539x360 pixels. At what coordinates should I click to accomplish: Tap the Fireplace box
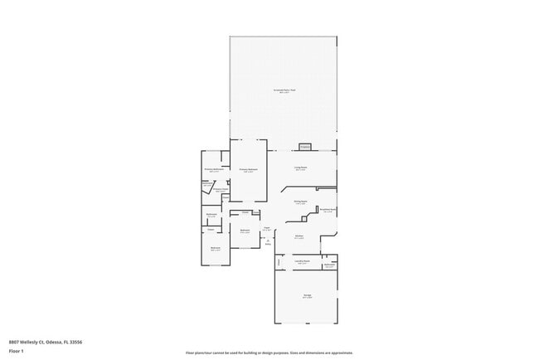305,147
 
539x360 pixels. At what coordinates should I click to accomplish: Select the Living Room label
300,168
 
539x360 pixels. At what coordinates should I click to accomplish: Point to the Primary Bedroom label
248,169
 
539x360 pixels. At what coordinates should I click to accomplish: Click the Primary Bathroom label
214,170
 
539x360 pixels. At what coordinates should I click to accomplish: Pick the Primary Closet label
220,189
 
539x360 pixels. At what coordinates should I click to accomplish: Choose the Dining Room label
300,202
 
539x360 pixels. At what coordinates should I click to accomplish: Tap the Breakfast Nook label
328,210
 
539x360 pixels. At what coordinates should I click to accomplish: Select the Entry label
268,242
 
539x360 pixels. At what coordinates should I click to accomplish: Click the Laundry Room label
303,261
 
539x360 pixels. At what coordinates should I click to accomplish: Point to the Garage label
307,296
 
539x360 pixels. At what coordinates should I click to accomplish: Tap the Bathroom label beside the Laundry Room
329,265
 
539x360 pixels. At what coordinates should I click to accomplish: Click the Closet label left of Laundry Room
279,261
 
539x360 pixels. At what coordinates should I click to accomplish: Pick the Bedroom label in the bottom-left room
215,248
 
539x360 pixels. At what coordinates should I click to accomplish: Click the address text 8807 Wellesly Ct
45,342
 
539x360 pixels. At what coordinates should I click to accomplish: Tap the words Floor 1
17,351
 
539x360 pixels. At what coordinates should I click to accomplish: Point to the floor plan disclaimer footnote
269,353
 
